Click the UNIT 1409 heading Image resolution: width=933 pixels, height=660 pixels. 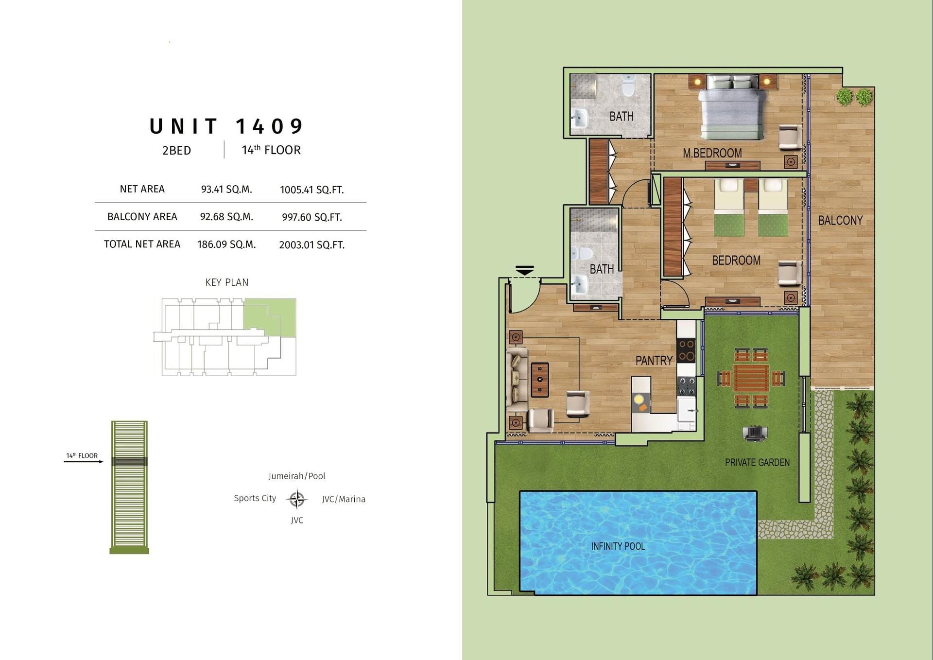226,126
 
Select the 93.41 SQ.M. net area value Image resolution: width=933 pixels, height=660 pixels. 226,190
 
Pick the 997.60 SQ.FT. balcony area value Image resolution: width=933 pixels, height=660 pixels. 312,217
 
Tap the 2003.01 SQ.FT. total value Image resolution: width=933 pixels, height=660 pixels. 312,245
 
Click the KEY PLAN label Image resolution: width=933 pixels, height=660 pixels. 227,282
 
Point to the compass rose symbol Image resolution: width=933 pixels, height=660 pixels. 296,499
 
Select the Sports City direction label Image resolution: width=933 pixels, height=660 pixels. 255,498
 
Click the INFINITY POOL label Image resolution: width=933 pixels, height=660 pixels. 618,546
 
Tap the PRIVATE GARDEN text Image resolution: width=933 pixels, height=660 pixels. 757,463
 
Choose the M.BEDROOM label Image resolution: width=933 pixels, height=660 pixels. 712,153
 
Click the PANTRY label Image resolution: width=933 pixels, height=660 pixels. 654,361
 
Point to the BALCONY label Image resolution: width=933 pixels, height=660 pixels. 840,221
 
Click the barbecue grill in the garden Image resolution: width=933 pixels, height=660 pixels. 755,433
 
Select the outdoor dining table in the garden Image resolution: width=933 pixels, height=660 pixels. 751,378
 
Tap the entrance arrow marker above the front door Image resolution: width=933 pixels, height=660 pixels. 525,271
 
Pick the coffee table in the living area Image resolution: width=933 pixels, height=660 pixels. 540,380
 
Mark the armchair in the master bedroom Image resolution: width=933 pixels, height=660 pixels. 790,138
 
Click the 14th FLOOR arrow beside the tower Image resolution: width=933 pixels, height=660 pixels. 84,461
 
